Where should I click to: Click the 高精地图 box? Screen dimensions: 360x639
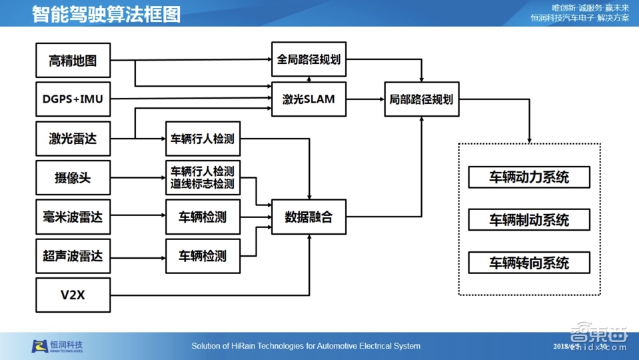pyautogui.click(x=73, y=61)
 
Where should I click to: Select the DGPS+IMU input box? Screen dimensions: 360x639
pyautogui.click(x=73, y=99)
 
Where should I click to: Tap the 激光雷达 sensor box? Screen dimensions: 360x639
pyautogui.click(x=73, y=139)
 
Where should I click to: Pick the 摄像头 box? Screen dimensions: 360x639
pyautogui.click(x=73, y=178)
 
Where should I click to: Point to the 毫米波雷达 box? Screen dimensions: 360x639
pyautogui.click(x=73, y=217)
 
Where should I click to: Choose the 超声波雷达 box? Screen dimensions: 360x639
pyautogui.click(x=73, y=255)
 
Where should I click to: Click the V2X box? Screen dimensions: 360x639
pyautogui.click(x=73, y=295)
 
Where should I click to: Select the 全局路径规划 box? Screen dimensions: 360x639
pyautogui.click(x=309, y=59)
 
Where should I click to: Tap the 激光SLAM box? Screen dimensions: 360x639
pyautogui.click(x=309, y=99)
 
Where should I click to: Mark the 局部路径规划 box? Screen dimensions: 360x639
pyautogui.click(x=421, y=99)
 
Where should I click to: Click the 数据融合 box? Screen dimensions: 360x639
pyautogui.click(x=309, y=217)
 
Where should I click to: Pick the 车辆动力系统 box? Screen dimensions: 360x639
pyautogui.click(x=529, y=177)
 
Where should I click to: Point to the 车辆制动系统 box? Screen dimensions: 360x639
pyautogui.click(x=529, y=220)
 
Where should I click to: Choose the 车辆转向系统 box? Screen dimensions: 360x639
pyautogui.click(x=529, y=263)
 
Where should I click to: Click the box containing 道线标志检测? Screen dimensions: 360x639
pyautogui.click(x=203, y=178)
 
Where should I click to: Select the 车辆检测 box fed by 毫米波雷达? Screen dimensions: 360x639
pyautogui.click(x=203, y=217)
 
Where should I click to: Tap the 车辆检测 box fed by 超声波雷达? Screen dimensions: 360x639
pyautogui.click(x=203, y=255)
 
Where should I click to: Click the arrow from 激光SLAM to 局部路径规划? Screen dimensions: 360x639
pyautogui.click(x=365, y=99)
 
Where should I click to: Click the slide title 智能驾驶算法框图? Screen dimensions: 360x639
pyautogui.click(x=107, y=14)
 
